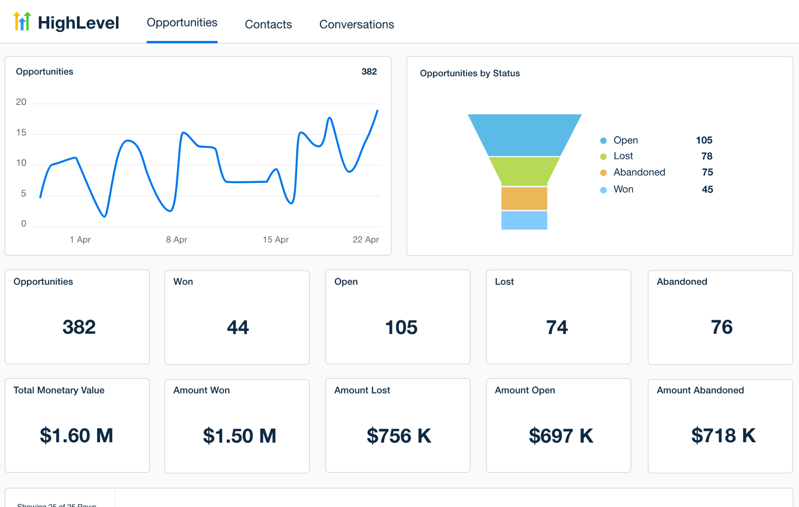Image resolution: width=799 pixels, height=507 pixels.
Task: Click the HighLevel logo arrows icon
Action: point(22,21)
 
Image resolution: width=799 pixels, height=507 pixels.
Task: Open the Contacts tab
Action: point(268,24)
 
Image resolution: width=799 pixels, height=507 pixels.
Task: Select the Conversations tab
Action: point(356,24)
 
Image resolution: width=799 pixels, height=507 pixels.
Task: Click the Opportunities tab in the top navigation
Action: point(182,23)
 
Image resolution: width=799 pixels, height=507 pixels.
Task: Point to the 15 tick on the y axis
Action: point(21,133)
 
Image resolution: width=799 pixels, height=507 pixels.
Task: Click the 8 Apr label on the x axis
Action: point(176,239)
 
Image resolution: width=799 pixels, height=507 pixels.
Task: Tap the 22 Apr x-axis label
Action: point(366,239)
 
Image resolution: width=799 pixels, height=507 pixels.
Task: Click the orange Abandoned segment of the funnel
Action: point(524,198)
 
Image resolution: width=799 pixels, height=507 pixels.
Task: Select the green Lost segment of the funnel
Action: point(524,171)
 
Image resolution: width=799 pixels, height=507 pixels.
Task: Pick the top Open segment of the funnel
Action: point(524,135)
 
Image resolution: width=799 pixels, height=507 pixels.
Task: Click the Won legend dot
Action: point(603,190)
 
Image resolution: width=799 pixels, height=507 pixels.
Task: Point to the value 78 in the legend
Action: point(707,156)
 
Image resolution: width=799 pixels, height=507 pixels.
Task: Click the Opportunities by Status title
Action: point(470,73)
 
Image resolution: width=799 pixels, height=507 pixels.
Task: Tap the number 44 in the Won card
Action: point(238,327)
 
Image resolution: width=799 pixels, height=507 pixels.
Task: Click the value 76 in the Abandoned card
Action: point(721,327)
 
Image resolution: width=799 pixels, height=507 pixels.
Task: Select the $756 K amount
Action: point(399,436)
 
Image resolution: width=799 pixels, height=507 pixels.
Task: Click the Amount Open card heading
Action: point(525,390)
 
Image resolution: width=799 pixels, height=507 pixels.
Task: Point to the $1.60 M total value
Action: point(76,436)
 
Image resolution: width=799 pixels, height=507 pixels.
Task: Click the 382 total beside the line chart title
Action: point(369,72)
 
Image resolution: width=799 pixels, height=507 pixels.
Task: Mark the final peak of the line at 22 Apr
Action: point(377,111)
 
